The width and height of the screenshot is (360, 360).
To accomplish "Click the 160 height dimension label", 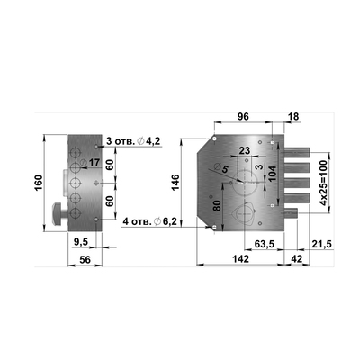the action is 39,183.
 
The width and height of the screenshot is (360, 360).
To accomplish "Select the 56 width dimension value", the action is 85,259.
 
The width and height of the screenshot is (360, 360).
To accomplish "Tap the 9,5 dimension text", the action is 81,242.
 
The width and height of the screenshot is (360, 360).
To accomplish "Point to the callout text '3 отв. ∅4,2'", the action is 134,141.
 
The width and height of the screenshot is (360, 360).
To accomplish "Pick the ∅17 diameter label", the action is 90,163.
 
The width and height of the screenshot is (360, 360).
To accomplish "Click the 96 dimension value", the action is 243,116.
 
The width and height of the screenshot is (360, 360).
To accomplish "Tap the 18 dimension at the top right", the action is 293,117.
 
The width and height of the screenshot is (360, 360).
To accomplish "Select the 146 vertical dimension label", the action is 175,182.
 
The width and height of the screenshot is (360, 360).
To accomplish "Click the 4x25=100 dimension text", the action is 323,183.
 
